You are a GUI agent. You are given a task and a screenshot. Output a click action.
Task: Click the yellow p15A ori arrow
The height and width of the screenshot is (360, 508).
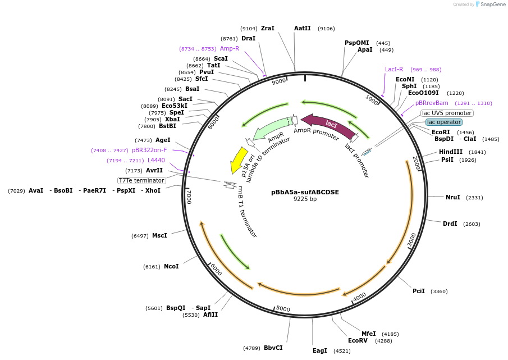[x=239, y=160]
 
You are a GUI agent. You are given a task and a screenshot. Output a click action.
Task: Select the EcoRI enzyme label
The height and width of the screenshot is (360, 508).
[x=441, y=132]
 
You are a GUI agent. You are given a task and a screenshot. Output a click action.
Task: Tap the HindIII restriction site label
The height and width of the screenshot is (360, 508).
[x=451, y=152]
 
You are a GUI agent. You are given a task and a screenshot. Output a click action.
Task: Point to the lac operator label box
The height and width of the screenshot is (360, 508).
[x=443, y=122]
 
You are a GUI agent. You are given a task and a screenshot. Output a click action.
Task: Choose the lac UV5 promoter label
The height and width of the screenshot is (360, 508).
[x=447, y=113]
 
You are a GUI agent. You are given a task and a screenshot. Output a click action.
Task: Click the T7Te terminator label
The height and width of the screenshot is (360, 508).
[x=141, y=180]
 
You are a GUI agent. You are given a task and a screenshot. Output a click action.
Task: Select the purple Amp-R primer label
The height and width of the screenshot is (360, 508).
[x=230, y=48]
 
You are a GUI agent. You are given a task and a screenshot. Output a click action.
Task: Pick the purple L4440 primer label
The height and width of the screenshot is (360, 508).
[x=156, y=161]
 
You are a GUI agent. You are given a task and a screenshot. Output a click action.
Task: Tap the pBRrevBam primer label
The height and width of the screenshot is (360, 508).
[x=432, y=103]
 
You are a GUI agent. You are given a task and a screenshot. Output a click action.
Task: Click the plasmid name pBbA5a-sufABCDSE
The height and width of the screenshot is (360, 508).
[x=305, y=192]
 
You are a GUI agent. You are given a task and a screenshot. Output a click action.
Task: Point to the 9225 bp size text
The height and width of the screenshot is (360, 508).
[x=305, y=199]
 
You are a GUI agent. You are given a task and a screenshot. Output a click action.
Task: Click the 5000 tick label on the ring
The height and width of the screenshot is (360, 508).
[x=283, y=308]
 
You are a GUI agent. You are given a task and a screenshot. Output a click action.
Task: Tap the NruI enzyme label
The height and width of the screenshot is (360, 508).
[x=453, y=197]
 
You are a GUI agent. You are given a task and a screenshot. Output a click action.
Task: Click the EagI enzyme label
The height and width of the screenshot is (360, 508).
[x=320, y=350]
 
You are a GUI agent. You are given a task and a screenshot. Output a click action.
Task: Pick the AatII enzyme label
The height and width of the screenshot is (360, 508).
[x=303, y=28]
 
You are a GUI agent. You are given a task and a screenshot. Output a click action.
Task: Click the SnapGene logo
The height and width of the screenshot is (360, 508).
[x=490, y=4]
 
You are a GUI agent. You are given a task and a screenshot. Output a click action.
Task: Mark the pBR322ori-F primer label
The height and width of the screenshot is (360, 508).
[x=149, y=151]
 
